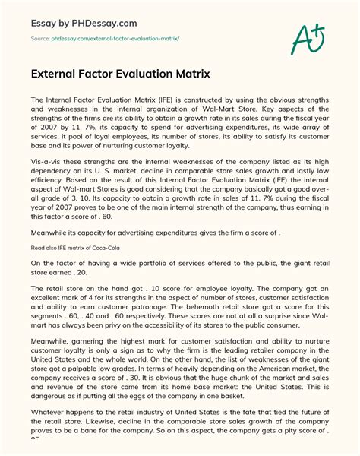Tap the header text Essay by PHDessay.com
coord(84,16)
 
